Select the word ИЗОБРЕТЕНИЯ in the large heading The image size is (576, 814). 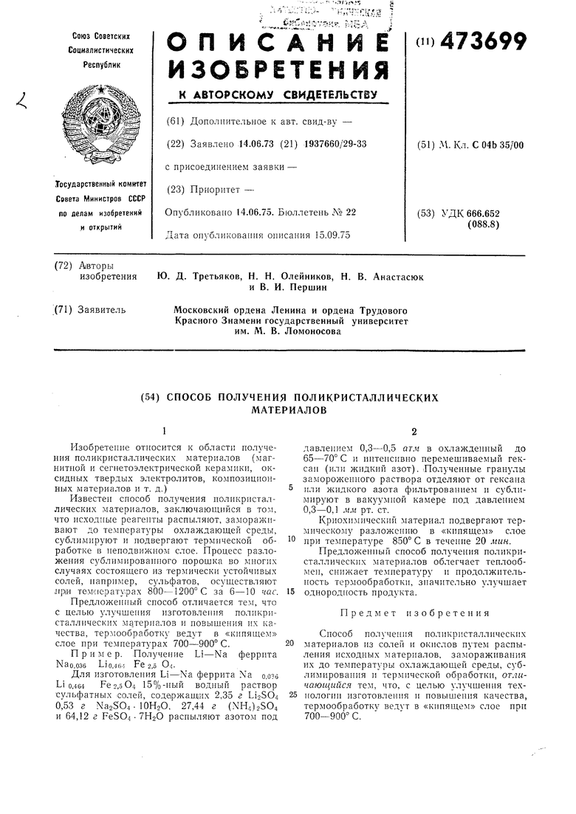point(278,70)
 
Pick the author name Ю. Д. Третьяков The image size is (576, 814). point(199,277)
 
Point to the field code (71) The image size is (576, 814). point(64,309)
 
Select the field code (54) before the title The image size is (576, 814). point(150,397)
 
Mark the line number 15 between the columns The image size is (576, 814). point(290,592)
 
